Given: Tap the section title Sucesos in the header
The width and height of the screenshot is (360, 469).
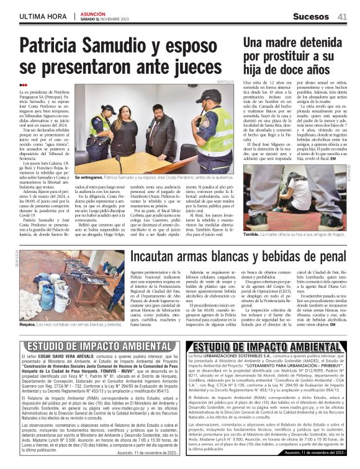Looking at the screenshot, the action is point(313,16).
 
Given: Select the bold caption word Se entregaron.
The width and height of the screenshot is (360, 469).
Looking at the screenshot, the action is point(90,177).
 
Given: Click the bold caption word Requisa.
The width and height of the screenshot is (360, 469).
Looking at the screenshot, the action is point(29,324).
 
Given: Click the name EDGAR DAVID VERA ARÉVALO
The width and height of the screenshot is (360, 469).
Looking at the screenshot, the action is point(68,359).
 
